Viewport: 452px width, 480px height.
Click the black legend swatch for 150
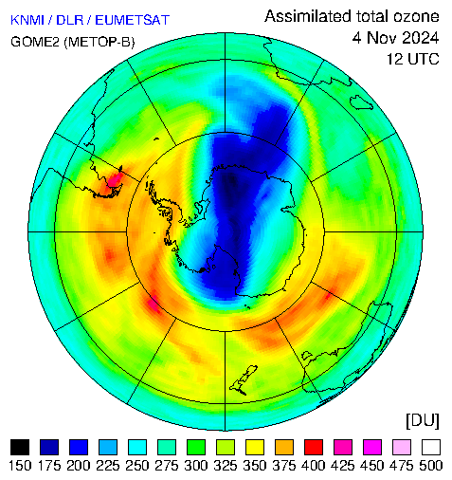click(x=20, y=447)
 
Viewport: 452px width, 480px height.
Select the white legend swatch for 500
click(x=431, y=447)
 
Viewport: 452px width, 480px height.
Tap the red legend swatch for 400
click(x=314, y=447)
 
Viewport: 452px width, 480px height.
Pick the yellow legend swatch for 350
click(x=255, y=447)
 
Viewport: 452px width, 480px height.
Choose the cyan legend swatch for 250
click(x=137, y=447)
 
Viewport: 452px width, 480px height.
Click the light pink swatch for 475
click(x=402, y=447)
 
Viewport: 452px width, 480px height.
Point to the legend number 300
click(x=196, y=466)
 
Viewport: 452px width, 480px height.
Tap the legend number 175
click(x=49, y=466)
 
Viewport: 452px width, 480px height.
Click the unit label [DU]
click(x=423, y=421)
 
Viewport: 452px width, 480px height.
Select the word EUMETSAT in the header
click(x=133, y=20)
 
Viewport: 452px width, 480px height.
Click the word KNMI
click(x=27, y=20)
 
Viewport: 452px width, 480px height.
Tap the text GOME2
click(x=35, y=42)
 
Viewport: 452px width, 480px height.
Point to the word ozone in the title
click(x=416, y=16)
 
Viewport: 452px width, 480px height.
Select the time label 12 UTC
click(x=413, y=59)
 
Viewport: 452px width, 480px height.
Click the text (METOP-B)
click(x=99, y=42)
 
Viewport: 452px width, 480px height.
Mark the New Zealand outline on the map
click(x=244, y=380)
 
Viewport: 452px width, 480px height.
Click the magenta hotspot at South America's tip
click(x=115, y=179)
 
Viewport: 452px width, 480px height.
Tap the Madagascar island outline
click(x=361, y=102)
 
